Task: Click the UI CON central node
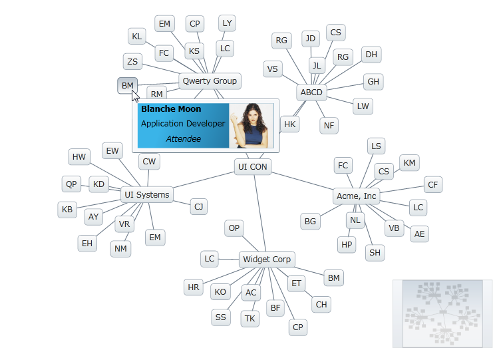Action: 253,167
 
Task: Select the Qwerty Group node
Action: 210,81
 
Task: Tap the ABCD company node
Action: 311,92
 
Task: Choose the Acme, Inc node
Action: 357,196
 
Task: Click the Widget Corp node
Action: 266,260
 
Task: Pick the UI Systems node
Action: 146,195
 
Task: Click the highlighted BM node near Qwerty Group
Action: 127,86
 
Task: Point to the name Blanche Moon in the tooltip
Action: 171,109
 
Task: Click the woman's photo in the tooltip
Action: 251,126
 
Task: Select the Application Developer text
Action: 183,124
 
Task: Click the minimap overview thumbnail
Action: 442,313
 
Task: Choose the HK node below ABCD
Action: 289,124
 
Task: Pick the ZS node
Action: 132,62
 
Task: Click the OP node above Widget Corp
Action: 234,228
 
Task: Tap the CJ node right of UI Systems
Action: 198,207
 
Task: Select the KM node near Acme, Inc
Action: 409,163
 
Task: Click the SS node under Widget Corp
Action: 220,318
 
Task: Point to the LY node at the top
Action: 227,23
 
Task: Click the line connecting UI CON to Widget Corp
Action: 259,213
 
